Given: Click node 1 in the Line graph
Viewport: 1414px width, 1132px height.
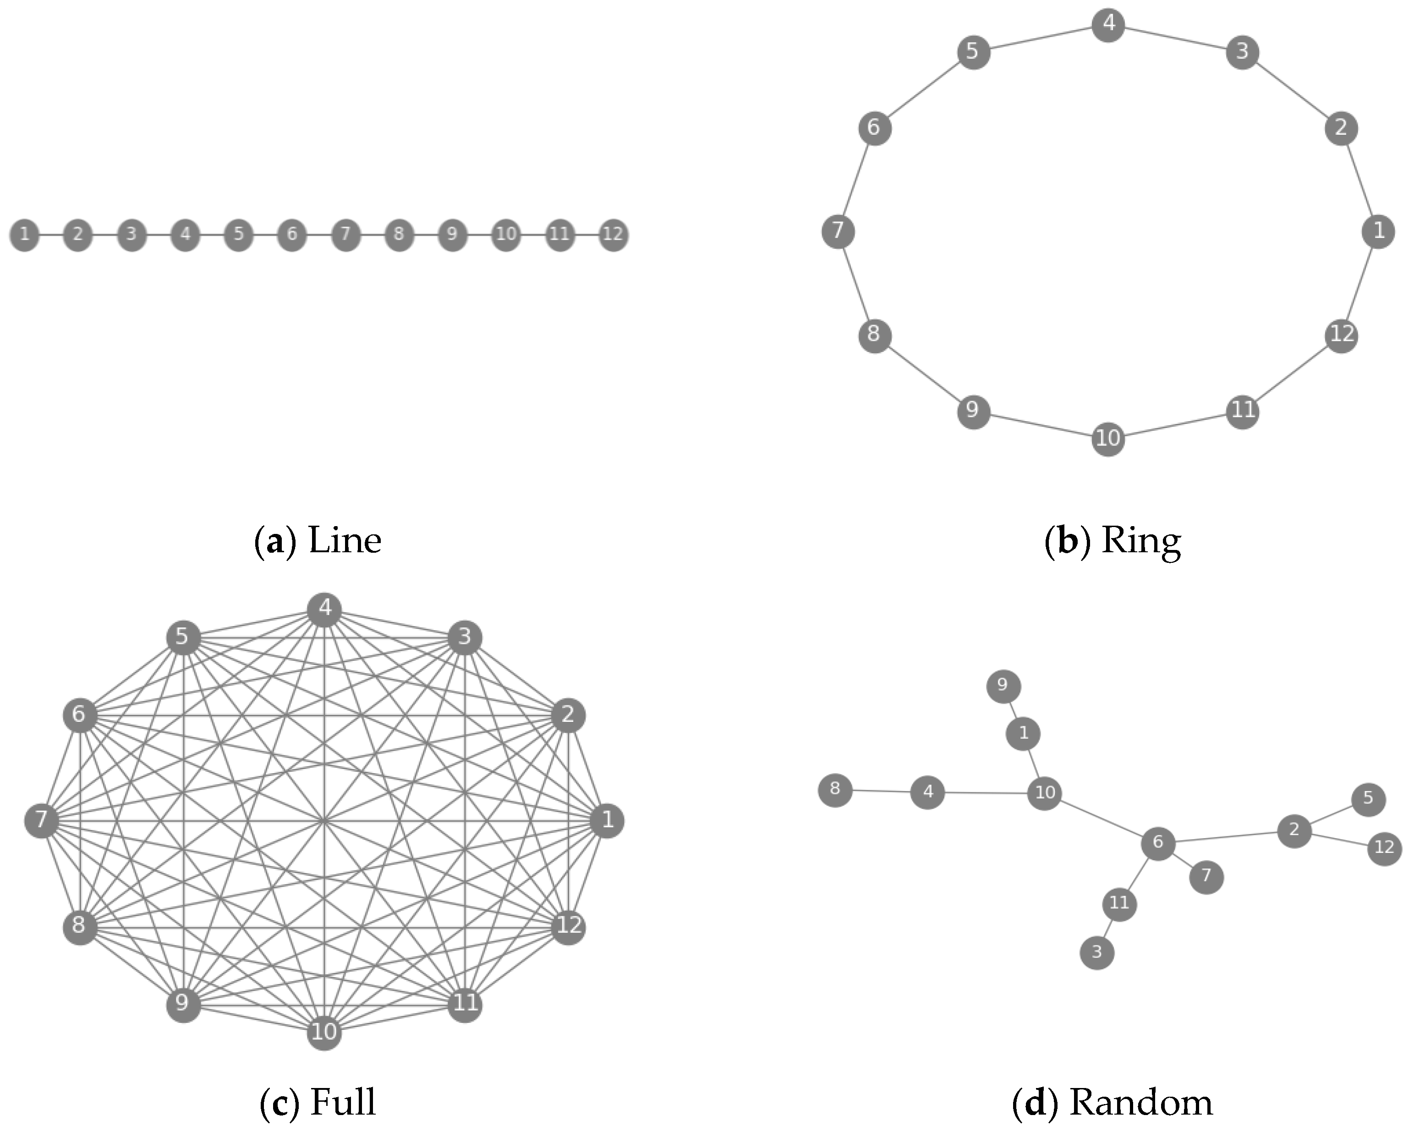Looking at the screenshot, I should click(24, 234).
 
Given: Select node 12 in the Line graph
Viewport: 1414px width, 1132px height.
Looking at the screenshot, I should click(613, 234).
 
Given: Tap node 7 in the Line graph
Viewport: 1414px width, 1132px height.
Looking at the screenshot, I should click(345, 234).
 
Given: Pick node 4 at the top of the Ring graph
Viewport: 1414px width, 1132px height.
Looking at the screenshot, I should click(1108, 24).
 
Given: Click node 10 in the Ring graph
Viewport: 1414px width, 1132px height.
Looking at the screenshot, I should click(1108, 438).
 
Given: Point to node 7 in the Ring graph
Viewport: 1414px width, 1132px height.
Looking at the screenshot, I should click(838, 231).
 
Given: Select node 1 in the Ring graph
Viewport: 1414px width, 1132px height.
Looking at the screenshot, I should click(1379, 231).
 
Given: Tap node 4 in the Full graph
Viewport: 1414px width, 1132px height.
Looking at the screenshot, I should click(325, 609).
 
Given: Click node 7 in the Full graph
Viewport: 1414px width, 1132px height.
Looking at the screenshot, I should click(41, 820).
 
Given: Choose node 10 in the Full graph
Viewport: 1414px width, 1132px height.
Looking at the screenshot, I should click(324, 1032).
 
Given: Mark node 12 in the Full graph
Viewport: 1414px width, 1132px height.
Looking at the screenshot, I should click(569, 925).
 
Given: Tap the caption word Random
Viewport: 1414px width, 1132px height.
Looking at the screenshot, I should click(1141, 1103).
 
